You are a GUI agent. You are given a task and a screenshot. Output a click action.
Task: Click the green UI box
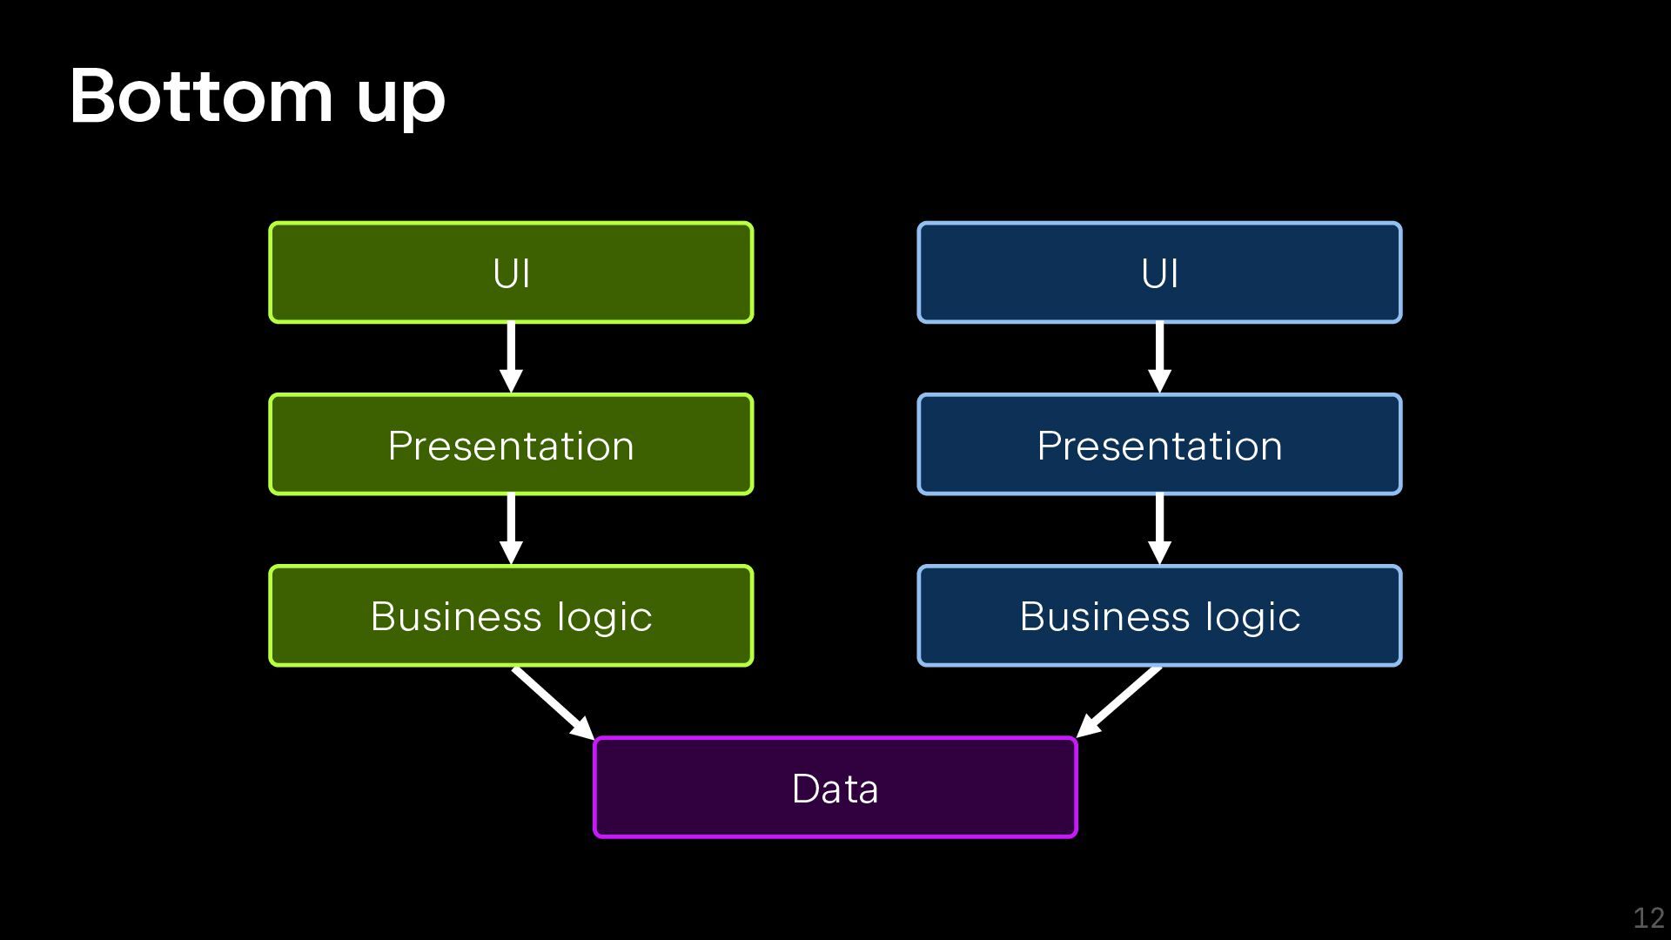[511, 272]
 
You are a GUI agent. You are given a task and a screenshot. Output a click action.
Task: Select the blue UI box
[1159, 272]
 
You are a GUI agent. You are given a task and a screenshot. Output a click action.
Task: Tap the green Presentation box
[511, 444]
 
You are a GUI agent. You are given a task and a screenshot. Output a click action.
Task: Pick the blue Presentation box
[1159, 444]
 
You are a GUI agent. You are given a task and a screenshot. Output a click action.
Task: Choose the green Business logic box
[511, 615]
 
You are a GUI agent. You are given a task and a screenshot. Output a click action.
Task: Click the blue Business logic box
[1159, 615]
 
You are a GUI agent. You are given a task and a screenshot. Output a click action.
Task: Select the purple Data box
[835, 787]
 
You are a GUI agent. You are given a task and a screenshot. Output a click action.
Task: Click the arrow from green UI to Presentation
[511, 358]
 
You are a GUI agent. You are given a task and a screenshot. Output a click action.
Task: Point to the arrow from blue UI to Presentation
[1159, 358]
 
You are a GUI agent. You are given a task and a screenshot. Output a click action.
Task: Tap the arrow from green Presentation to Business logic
[511, 529]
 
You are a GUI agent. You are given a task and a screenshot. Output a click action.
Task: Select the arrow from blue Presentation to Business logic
[1159, 529]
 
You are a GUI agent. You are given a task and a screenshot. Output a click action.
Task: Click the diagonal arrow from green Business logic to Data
[554, 703]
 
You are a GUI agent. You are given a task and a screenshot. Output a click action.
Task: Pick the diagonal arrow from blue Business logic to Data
[1118, 702]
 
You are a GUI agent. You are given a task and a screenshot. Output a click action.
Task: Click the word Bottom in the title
[201, 96]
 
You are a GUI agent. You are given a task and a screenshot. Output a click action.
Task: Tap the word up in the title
[401, 103]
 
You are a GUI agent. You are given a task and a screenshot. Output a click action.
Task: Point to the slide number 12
[1648, 917]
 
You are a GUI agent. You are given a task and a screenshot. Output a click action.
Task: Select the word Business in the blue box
[1104, 616]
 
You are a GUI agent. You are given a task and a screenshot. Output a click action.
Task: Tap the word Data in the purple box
[835, 789]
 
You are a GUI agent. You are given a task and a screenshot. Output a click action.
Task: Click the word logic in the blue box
[1253, 619]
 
